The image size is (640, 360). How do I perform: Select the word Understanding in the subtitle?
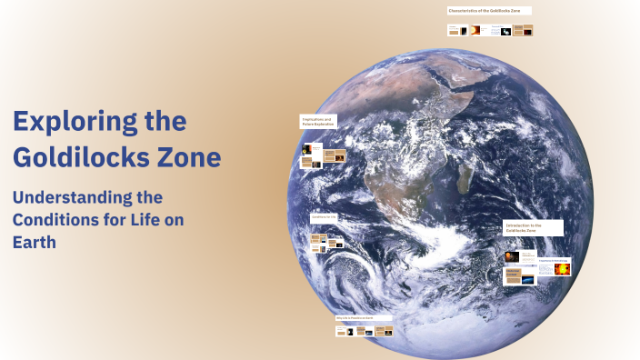click(x=74, y=196)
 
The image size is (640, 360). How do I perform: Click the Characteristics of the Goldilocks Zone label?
click(x=489, y=10)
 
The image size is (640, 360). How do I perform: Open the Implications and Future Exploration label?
click(x=318, y=120)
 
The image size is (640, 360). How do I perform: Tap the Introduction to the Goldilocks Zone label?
click(x=533, y=227)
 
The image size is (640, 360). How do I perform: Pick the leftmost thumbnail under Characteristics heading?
click(x=452, y=30)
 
